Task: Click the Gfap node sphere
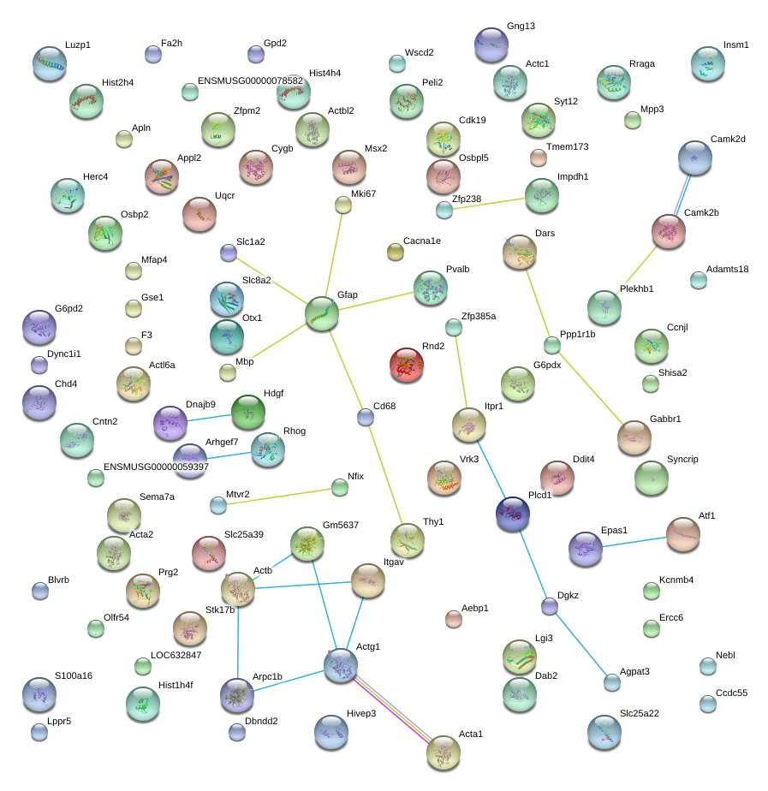point(321,314)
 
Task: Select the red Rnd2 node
point(406,365)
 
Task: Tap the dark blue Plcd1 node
point(513,514)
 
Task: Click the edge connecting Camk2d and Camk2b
point(682,194)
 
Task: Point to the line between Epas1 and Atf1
point(634,542)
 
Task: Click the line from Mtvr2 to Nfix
point(278,497)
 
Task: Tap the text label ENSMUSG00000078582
point(250,80)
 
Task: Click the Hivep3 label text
point(361,713)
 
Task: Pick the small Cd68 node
point(366,417)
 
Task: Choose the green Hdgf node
point(247,412)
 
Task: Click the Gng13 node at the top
point(491,45)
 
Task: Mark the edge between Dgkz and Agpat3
point(580,645)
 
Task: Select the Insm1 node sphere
point(708,63)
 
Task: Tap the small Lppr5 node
point(39,732)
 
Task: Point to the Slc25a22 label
point(640,713)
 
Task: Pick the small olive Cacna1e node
point(395,252)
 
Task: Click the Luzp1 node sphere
point(50,63)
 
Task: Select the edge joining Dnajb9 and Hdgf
point(210,419)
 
